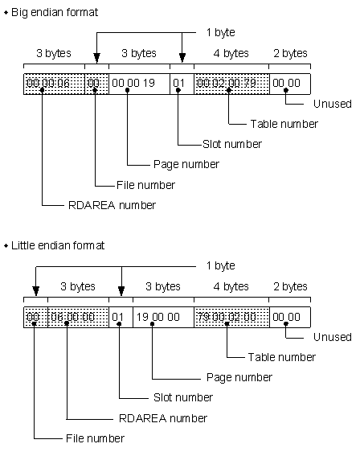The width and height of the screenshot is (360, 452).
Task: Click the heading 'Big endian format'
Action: pos(54,11)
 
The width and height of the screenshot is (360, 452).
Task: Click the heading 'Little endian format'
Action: pos(58,245)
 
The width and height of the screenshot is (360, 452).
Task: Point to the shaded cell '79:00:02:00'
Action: pos(231,317)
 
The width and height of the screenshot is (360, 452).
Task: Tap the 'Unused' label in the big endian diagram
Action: pos(329,104)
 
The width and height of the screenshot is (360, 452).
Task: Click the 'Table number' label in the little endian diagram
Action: pos(283,356)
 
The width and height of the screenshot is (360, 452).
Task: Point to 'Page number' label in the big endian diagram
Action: pos(186,164)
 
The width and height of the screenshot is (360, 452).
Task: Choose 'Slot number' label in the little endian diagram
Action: pos(182,397)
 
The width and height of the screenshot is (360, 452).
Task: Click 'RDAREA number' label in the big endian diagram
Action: pos(112,205)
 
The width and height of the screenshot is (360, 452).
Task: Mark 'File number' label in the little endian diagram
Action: pos(94,438)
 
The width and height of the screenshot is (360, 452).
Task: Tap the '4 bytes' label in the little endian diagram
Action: pos(231,287)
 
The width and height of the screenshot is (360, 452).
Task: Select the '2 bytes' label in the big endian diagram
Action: pos(290,54)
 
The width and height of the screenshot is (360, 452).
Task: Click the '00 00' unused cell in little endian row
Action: pos(288,317)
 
